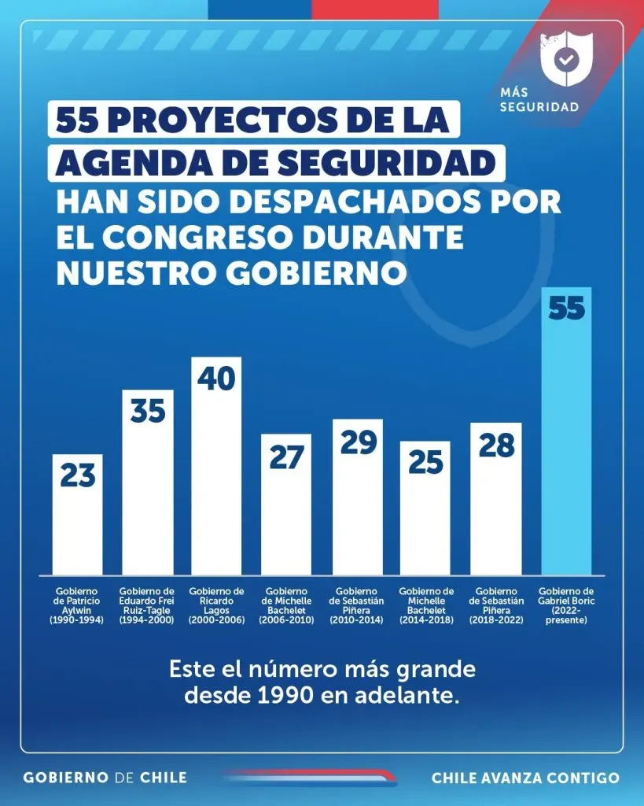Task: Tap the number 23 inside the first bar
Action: tap(77, 476)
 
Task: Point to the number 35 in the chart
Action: tap(147, 411)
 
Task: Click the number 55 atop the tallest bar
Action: tap(567, 308)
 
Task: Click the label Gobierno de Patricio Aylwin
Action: tap(77, 605)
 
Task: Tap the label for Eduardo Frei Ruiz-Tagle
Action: tap(147, 605)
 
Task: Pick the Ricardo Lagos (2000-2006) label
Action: tap(217, 605)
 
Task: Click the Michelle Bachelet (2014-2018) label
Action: tap(426, 605)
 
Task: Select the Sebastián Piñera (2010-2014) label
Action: tap(358, 605)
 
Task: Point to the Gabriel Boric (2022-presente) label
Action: tap(567, 605)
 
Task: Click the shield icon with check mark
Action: tap(565, 60)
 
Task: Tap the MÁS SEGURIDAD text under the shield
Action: tap(539, 100)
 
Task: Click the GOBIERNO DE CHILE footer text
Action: tap(105, 777)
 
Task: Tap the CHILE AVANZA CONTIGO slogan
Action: tap(525, 778)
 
